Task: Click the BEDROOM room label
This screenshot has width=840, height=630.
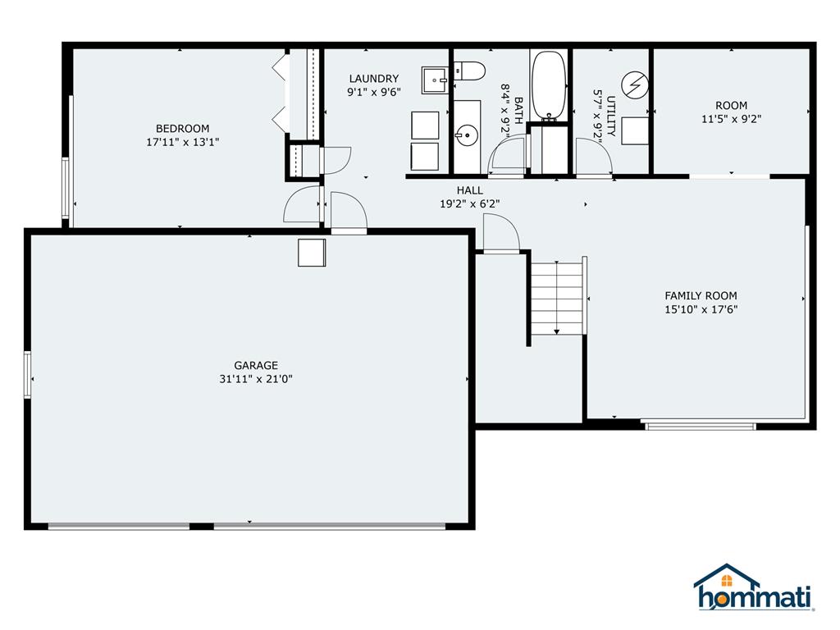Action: coord(182,128)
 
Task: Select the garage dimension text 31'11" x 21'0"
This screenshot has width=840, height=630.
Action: coord(256,379)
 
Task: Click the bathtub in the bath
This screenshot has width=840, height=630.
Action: coord(549,85)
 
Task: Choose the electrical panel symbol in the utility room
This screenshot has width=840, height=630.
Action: coord(633,84)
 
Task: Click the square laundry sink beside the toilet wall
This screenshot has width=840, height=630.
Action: coord(435,80)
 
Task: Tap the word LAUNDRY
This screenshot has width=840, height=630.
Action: coord(373,79)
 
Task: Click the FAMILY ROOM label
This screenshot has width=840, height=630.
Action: coord(701,295)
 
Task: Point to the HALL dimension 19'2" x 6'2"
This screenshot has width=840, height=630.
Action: coord(469,203)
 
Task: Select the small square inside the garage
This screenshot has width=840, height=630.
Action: coord(312,253)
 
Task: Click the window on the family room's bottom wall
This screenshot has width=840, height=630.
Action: coord(700,425)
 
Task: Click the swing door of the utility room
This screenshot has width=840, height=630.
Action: coord(592,157)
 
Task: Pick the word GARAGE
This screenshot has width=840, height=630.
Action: coord(256,365)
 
